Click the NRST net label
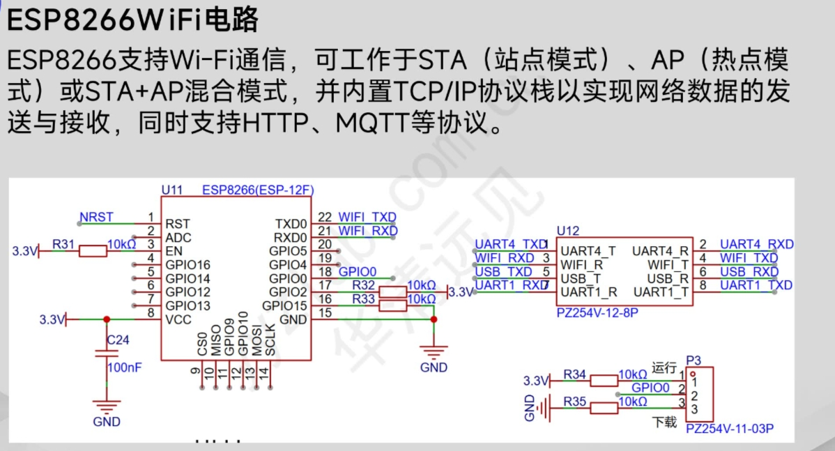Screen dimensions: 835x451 96,217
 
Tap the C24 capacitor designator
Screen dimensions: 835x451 118,340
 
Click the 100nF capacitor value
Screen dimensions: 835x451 124,367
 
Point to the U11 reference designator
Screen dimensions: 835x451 171,190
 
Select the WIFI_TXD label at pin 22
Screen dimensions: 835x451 367,217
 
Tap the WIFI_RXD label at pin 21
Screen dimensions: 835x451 367,231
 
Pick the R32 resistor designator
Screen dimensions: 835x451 363,285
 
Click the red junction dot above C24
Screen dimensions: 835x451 106,319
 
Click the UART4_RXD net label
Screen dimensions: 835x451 756,245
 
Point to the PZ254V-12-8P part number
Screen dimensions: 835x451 597,313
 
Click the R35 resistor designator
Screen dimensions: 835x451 575,402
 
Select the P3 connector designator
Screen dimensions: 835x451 693,360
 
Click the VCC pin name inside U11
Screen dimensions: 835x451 178,319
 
